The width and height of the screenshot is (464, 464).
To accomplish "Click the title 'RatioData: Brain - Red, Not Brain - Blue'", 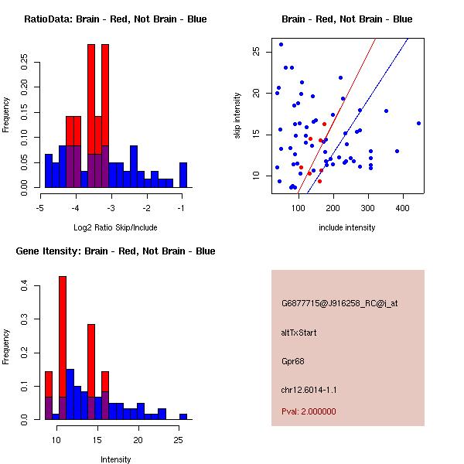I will (x=115, y=19).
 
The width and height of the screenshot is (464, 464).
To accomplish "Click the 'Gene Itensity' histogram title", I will (x=115, y=251).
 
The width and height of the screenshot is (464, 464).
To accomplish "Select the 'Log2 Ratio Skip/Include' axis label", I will (x=115, y=227).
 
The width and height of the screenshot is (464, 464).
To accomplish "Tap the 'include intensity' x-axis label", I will (x=347, y=227).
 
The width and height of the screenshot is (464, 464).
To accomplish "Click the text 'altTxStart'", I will (x=299, y=333).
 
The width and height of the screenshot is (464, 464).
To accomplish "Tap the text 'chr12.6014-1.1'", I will (x=309, y=389).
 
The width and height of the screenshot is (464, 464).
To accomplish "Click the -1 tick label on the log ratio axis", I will (x=183, y=208).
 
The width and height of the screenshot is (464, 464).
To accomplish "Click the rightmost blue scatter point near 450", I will (x=418, y=123).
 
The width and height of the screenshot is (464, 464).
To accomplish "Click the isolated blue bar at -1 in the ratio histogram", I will (x=183, y=175).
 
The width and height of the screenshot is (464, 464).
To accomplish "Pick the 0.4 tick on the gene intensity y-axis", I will (x=26, y=287).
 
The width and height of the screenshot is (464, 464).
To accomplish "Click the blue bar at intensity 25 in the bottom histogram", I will (x=183, y=416).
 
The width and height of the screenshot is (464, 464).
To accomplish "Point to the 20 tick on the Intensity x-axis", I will (x=138, y=440).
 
